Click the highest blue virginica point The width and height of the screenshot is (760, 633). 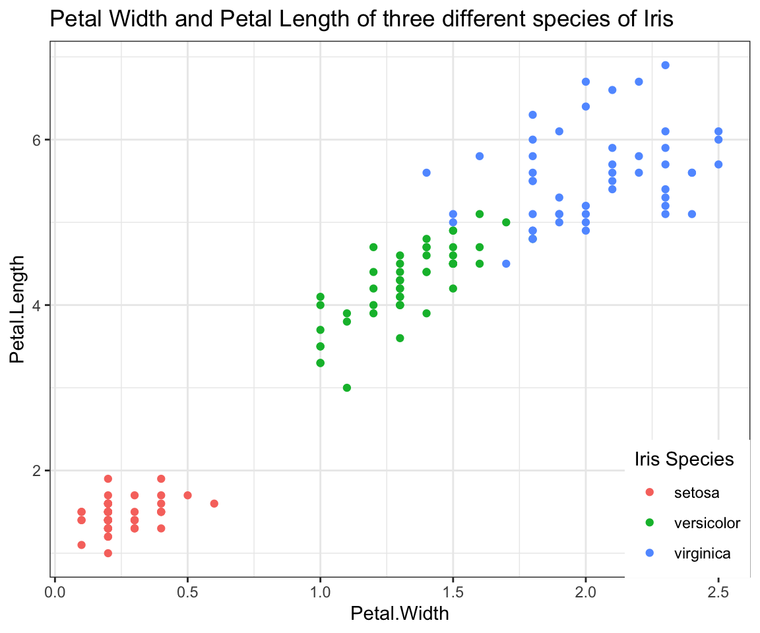coord(665,65)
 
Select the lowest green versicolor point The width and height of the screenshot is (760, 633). coord(347,388)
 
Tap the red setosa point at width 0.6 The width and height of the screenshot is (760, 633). coord(214,504)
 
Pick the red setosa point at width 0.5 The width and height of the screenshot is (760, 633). coord(187,495)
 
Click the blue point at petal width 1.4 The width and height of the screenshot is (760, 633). coord(426,173)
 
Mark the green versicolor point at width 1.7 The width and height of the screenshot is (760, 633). coord(506,222)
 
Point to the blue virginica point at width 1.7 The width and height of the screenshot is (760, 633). coord(506,264)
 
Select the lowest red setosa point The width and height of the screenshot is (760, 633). coord(108,553)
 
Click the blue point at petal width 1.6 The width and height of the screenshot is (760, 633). coord(480,156)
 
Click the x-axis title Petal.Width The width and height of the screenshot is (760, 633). coord(400,614)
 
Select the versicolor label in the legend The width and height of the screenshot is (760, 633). coord(707,523)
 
